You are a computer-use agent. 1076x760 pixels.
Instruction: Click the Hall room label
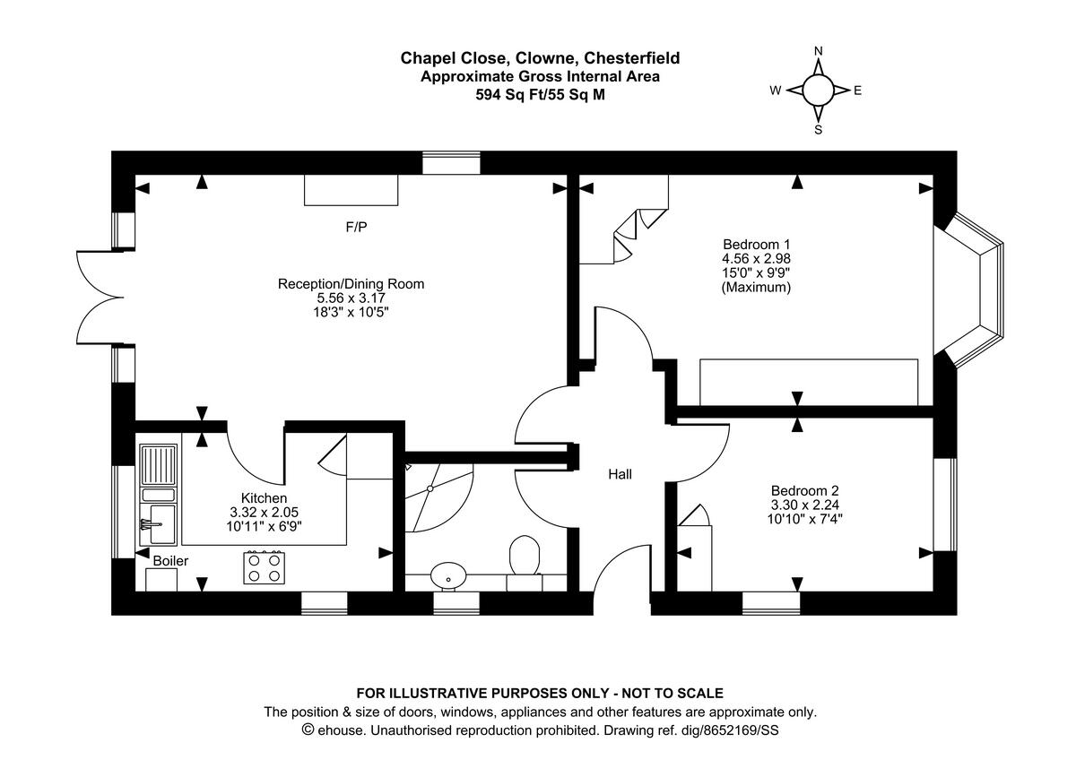tap(620, 474)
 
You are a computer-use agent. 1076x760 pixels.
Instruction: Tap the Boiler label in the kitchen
tap(170, 560)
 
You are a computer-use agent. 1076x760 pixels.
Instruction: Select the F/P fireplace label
tap(357, 228)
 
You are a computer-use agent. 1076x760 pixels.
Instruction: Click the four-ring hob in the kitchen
tap(264, 567)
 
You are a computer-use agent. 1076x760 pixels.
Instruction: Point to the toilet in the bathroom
tap(523, 557)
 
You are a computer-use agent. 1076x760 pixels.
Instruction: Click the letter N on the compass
tap(818, 52)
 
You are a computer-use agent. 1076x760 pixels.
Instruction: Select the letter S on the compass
tap(818, 129)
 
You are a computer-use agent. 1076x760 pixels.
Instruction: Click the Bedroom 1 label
tap(756, 244)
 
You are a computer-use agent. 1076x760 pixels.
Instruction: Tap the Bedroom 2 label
tap(804, 490)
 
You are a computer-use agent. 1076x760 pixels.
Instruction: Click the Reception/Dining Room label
tap(351, 284)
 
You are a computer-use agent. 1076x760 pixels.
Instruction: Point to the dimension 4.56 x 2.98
tap(756, 258)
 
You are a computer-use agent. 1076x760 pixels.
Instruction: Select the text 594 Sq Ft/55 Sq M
tap(540, 94)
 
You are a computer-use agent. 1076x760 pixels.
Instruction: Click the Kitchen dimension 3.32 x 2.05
tap(264, 513)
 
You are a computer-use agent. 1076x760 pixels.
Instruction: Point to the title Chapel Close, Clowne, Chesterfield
tap(540, 58)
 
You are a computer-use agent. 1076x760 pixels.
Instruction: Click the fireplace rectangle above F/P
tap(351, 190)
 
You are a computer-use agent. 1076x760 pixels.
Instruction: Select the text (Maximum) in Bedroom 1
tap(756, 288)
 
